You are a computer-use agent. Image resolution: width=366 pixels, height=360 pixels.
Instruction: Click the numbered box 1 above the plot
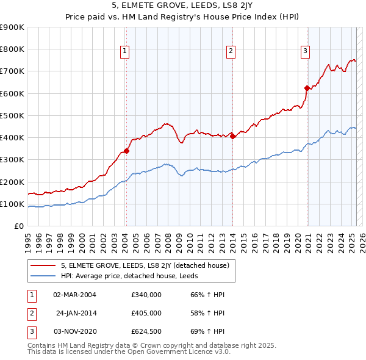click(x=124, y=52)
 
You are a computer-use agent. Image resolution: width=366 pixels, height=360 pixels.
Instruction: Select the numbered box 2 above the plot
click(x=232, y=52)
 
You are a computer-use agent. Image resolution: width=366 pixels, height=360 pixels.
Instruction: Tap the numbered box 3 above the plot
click(x=304, y=52)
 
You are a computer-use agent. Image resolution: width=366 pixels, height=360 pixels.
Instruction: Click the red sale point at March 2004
click(x=126, y=151)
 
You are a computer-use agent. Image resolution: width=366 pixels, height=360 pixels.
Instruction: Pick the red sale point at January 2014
click(x=233, y=136)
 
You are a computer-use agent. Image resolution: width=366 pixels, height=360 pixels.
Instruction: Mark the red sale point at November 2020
click(x=307, y=88)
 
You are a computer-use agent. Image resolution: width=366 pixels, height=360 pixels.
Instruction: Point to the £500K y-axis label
click(x=12, y=115)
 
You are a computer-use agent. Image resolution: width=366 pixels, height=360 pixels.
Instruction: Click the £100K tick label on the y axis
click(x=12, y=204)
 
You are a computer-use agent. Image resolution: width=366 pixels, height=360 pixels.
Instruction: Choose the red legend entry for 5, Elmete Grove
click(x=145, y=265)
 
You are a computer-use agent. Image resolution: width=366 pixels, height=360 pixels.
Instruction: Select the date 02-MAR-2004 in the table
click(x=74, y=295)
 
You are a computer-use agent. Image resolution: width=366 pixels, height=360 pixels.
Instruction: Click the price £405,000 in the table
click(x=146, y=312)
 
